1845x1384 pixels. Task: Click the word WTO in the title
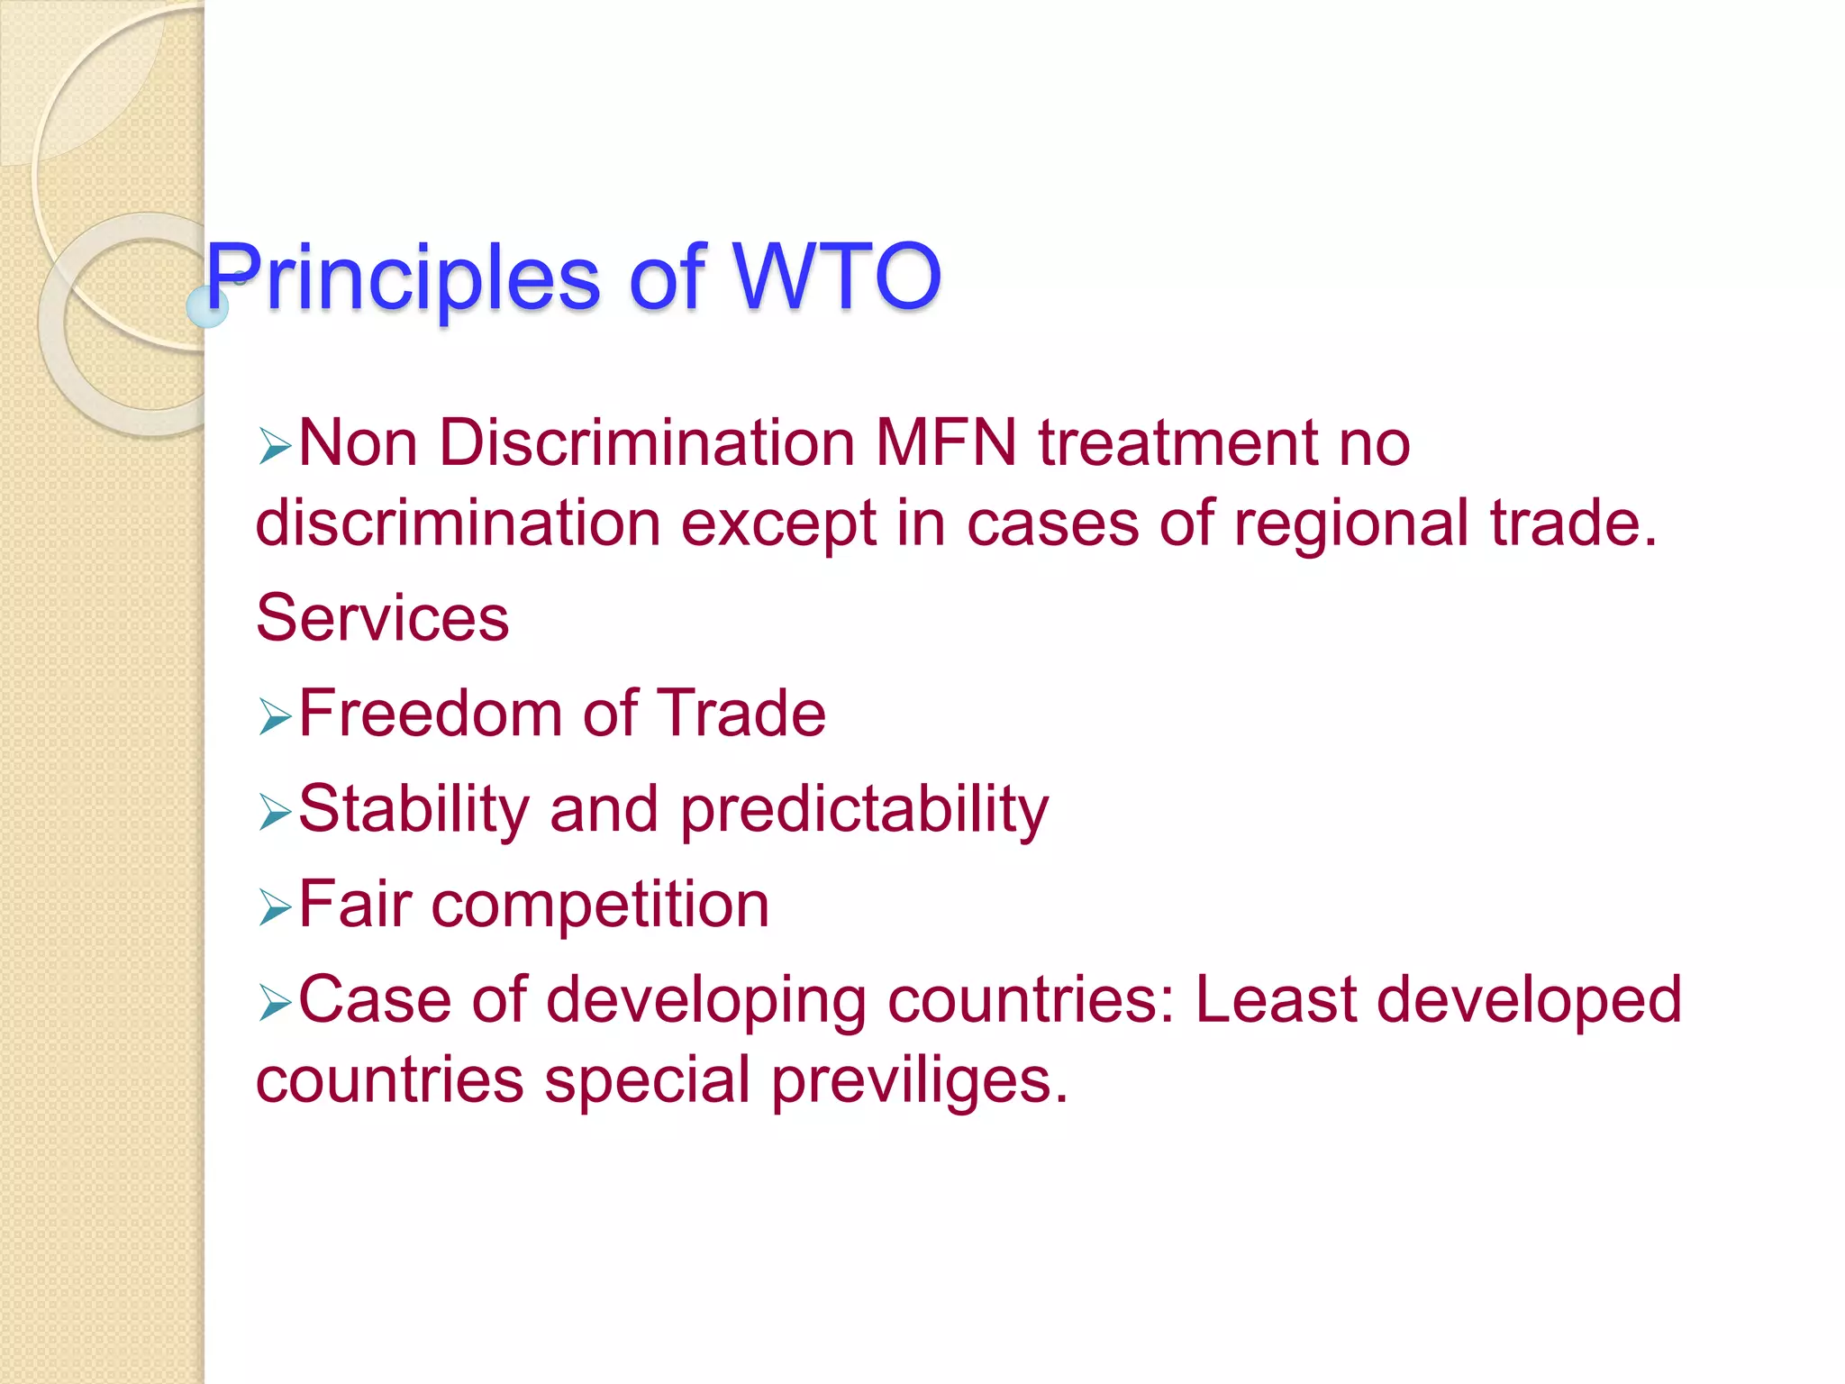point(837,277)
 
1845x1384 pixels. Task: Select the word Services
point(383,618)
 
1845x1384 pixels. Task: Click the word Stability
point(414,809)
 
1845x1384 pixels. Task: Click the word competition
point(600,906)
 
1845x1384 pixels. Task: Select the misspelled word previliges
point(920,1080)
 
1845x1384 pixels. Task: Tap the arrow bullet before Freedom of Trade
point(274,717)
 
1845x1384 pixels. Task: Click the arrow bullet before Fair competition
point(274,907)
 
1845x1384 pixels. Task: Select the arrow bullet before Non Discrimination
point(274,446)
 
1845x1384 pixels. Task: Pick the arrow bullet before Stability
point(274,812)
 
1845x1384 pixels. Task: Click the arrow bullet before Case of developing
point(274,1003)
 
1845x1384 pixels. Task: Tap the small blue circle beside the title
point(207,306)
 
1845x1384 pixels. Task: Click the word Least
point(1275,999)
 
